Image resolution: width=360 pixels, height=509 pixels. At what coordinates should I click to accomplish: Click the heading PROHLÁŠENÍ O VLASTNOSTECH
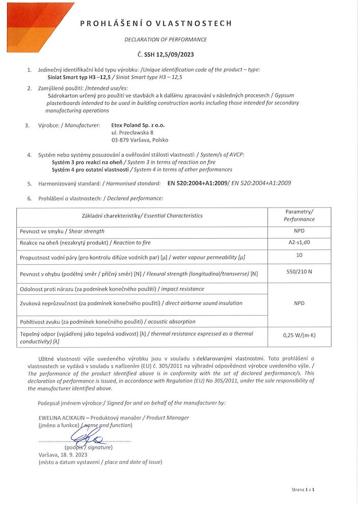[156, 23]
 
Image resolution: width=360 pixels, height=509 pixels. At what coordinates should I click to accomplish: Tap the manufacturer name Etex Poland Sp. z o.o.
[138, 125]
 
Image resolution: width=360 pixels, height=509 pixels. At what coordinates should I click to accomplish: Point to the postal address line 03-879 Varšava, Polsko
[140, 139]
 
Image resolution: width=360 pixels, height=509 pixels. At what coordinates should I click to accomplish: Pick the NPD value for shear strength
[299, 231]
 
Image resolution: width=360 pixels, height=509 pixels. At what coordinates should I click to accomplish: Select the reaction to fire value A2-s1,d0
[299, 243]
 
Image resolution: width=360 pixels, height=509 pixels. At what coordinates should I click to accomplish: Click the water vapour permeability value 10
[299, 255]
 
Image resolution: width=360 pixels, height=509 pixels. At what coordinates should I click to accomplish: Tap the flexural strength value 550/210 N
[299, 271]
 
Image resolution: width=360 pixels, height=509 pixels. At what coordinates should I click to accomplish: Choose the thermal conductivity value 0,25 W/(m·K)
[299, 335]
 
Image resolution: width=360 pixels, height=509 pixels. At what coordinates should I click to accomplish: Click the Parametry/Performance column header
[299, 215]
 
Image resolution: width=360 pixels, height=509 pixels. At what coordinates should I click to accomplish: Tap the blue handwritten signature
[87, 436]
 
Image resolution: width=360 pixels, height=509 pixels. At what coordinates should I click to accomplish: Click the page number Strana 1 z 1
[303, 490]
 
